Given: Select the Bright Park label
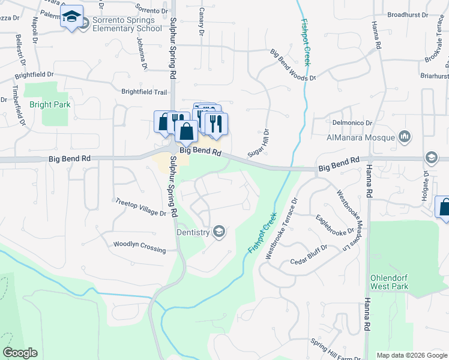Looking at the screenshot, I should [50, 104].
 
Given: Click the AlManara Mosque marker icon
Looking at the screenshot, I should [405, 137].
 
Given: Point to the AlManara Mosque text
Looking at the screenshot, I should [361, 137].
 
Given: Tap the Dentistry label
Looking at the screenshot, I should [193, 232].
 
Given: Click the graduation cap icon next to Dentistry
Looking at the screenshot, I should [219, 232].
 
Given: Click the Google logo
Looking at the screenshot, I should [20, 353].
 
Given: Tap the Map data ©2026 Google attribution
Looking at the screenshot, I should [411, 355].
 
